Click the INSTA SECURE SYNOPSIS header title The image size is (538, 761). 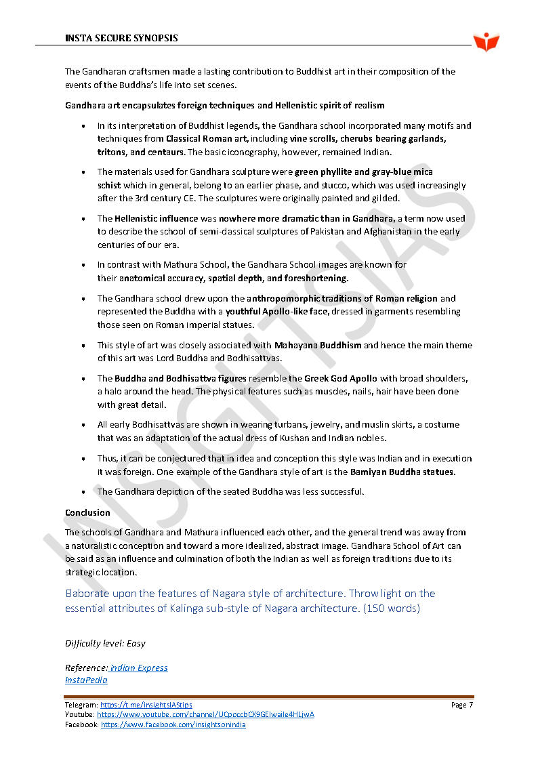[x=121, y=38]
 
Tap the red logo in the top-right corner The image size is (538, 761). [x=487, y=42]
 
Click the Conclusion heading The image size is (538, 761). [x=87, y=512]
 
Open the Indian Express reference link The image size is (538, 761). [x=139, y=667]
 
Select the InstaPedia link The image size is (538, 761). [x=86, y=680]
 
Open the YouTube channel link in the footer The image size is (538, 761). [x=205, y=714]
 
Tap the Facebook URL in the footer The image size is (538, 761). [x=173, y=724]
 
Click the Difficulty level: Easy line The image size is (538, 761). [x=105, y=643]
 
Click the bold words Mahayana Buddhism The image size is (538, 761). [x=318, y=345]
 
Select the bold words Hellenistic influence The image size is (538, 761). [x=156, y=218]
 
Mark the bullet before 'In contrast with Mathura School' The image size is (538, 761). [x=83, y=265]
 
